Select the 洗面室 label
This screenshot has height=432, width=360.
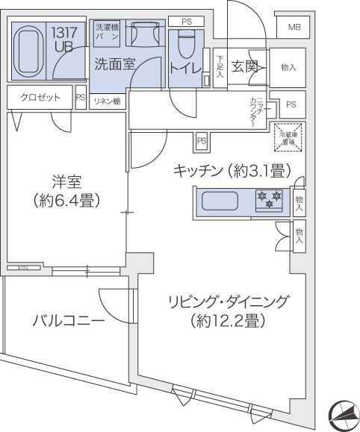(114, 65)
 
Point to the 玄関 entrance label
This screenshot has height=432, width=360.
(245, 66)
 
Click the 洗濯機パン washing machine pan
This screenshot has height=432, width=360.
(105, 32)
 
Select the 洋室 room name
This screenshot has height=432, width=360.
(66, 182)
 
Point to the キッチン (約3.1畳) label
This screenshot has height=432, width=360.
(231, 171)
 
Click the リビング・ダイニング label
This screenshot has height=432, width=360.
(226, 303)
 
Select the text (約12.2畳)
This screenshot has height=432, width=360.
(226, 323)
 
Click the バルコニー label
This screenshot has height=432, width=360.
(68, 321)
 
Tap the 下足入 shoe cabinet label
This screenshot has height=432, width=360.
(220, 66)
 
